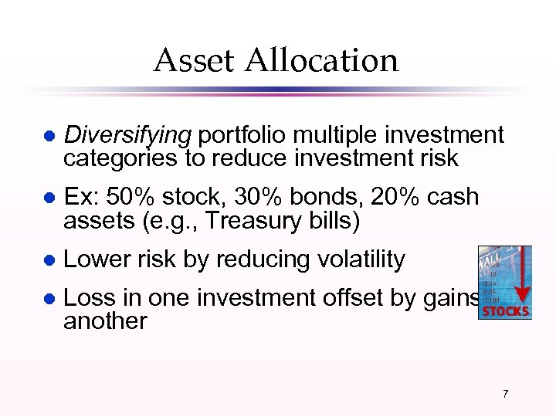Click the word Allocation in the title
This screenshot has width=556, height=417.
pos(322,60)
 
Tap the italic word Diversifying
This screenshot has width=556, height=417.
pos(127,136)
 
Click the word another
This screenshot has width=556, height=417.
pos(105,320)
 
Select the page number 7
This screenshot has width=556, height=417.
pos(505,394)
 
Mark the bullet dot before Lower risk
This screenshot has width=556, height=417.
pos(48,261)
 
